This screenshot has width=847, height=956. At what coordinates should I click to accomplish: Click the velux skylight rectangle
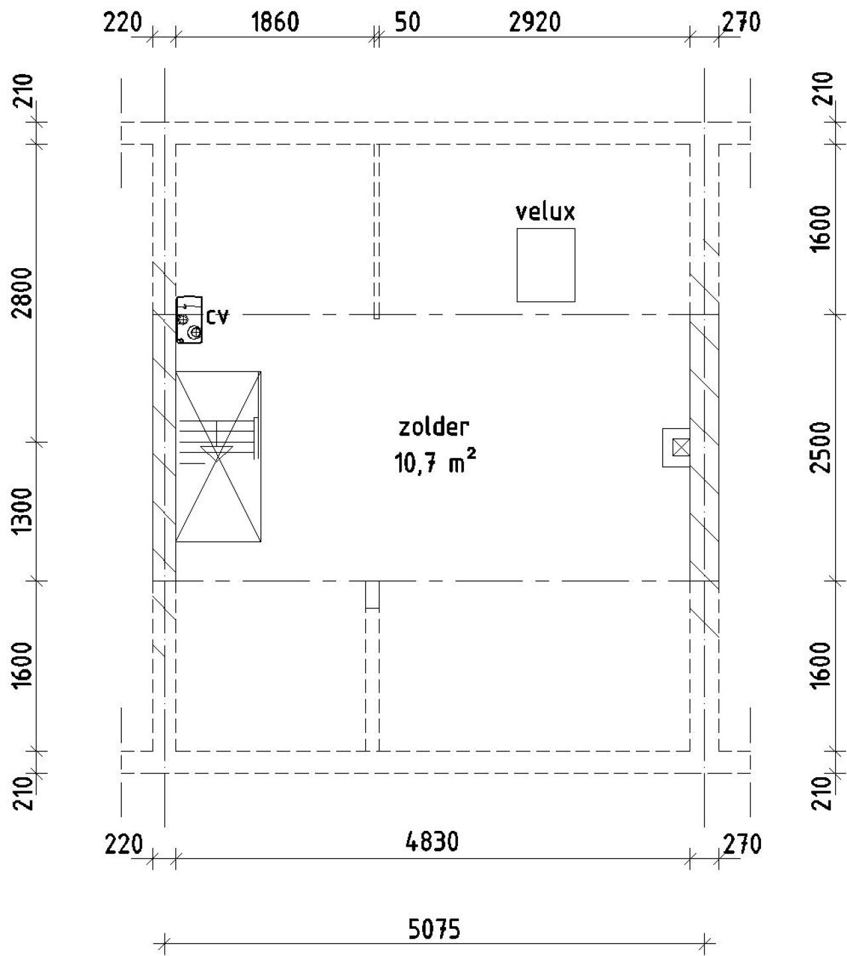pyautogui.click(x=546, y=265)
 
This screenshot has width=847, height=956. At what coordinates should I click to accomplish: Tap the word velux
pyautogui.click(x=545, y=212)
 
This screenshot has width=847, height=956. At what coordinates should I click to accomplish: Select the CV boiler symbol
pyautogui.click(x=189, y=320)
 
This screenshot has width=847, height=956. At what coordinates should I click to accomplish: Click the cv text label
pyautogui.click(x=218, y=316)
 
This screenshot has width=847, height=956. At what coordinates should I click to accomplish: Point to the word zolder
pyautogui.click(x=434, y=427)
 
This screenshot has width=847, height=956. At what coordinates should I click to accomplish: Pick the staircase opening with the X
pyautogui.click(x=218, y=456)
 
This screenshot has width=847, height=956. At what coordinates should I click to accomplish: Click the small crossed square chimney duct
pyautogui.click(x=680, y=447)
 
